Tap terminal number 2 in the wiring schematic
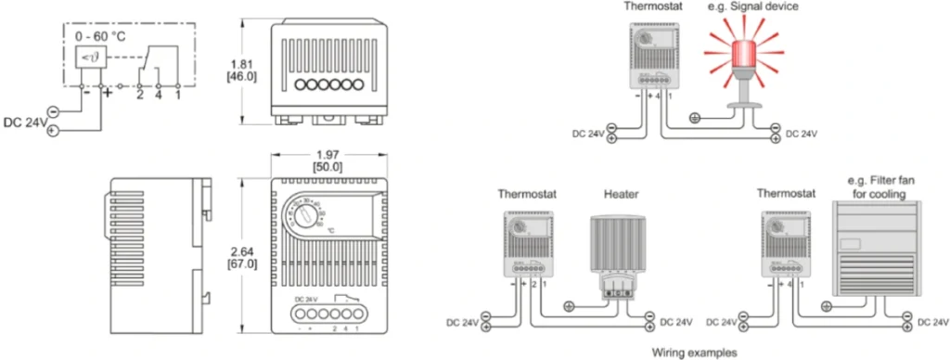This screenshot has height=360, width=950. pyautogui.click(x=139, y=94)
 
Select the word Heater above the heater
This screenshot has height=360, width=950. pyautogui.click(x=621, y=195)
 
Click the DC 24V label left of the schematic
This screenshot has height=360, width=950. pyautogui.click(x=23, y=122)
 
